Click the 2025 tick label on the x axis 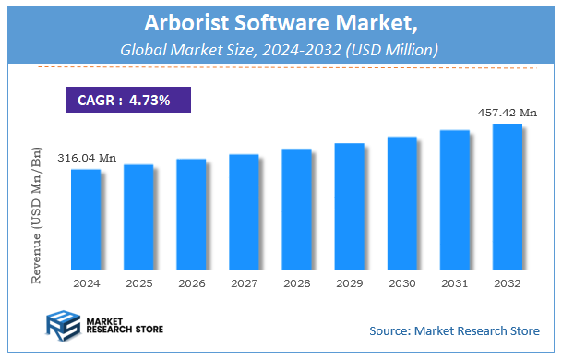point(138,282)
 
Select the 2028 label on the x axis point(297,282)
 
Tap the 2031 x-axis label point(455,282)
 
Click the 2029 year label point(350,282)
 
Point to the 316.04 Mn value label point(87,159)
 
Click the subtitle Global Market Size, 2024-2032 point(280,48)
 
